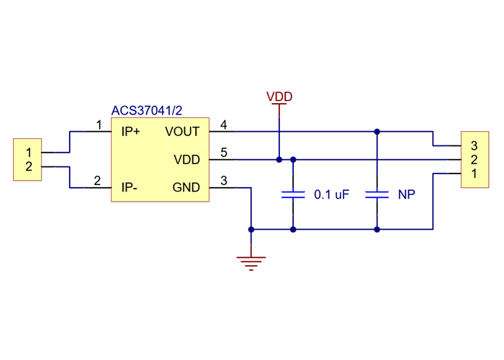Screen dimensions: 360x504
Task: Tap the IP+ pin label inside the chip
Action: point(131,132)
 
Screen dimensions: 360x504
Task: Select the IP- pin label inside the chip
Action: point(130,188)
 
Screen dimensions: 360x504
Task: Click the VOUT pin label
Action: point(183,132)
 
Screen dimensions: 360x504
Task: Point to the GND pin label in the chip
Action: point(186,188)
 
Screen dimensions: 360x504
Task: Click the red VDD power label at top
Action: point(279,96)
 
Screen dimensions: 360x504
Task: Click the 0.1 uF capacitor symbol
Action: point(293,194)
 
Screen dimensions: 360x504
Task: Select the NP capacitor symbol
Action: point(377,194)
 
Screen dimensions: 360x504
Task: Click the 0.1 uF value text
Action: point(331,195)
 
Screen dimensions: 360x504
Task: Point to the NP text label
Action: point(406,195)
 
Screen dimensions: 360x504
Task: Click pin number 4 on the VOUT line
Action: point(224,125)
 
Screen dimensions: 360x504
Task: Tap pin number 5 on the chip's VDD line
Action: point(224,153)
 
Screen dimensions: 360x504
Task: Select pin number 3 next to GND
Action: point(224,181)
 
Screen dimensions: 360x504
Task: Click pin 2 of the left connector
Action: point(29,167)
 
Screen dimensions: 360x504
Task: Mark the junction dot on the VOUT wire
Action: point(377,132)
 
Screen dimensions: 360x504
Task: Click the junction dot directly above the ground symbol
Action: point(251,230)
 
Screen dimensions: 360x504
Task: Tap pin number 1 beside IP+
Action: point(98,125)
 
